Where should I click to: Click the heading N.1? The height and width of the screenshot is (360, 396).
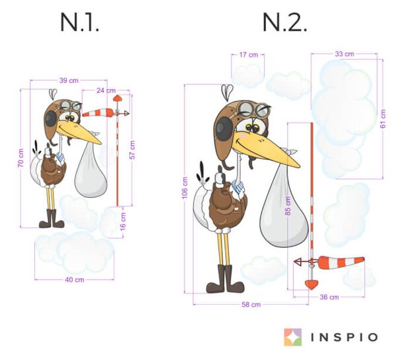[79, 22]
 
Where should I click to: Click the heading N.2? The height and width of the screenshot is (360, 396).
[284, 22]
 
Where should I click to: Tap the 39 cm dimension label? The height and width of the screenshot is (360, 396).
[69, 80]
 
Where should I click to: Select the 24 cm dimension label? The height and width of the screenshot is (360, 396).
[106, 90]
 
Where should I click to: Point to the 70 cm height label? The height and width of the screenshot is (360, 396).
[21, 158]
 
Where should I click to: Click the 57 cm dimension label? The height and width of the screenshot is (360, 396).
[133, 150]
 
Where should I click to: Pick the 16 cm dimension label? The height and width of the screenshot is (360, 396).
[123, 222]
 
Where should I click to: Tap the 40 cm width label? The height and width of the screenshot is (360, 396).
[75, 280]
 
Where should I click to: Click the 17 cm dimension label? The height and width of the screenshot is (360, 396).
[249, 55]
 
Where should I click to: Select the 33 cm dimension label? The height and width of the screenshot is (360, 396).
[345, 54]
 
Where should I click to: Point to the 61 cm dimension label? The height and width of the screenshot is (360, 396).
[383, 119]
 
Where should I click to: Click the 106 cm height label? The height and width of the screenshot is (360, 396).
[185, 188]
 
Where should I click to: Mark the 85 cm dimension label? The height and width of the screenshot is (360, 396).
[288, 206]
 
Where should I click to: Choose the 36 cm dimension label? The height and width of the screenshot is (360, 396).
[329, 297]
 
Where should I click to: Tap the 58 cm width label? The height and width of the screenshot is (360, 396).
[251, 305]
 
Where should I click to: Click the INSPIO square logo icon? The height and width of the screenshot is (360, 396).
[293, 337]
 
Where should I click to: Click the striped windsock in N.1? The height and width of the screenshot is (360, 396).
[98, 113]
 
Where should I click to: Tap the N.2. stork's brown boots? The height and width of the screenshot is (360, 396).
[225, 279]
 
